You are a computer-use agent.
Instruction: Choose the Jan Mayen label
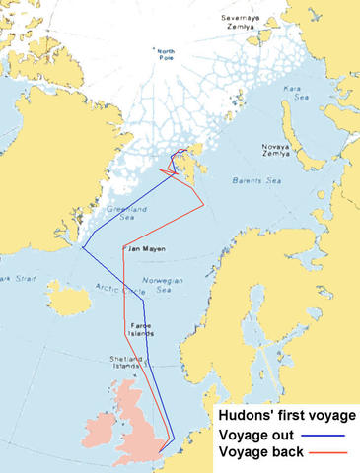point(146,248)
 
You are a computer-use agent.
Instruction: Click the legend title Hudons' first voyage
point(286,416)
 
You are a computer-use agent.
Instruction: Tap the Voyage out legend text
point(255,434)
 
